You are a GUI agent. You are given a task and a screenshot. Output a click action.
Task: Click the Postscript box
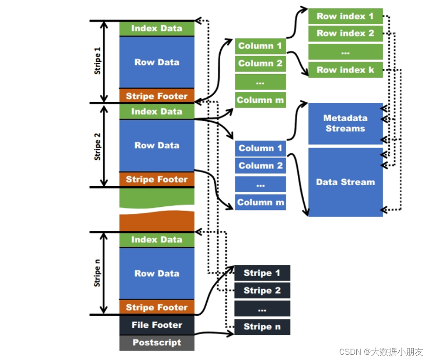tap(157, 342)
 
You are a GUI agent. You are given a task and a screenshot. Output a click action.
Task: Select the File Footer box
tap(157, 325)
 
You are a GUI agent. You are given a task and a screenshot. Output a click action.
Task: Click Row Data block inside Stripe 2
tap(157, 145)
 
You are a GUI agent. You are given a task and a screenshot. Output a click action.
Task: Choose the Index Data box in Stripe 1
tap(157, 29)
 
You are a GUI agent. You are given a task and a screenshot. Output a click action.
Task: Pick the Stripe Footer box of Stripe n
tap(157, 307)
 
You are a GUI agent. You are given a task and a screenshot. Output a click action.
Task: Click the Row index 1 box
tap(345, 16)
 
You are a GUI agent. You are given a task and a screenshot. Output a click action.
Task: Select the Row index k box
tap(345, 70)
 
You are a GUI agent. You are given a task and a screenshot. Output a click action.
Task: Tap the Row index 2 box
tap(345, 33)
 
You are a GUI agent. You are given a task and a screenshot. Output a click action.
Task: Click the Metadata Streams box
tap(345, 123)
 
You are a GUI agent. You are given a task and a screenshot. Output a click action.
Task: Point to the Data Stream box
tap(345, 182)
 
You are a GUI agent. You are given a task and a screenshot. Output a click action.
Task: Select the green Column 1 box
tap(260, 46)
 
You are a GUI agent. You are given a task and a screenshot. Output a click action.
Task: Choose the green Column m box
tap(260, 100)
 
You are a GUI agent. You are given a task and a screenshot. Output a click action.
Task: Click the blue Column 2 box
tap(260, 166)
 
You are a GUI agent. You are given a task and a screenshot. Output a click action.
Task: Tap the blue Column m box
tap(260, 202)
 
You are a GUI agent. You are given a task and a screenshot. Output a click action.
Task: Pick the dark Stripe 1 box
tap(262, 273)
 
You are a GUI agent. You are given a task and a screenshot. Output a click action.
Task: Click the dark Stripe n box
tap(262, 327)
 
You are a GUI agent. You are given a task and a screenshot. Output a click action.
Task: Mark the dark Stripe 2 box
tap(262, 290)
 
